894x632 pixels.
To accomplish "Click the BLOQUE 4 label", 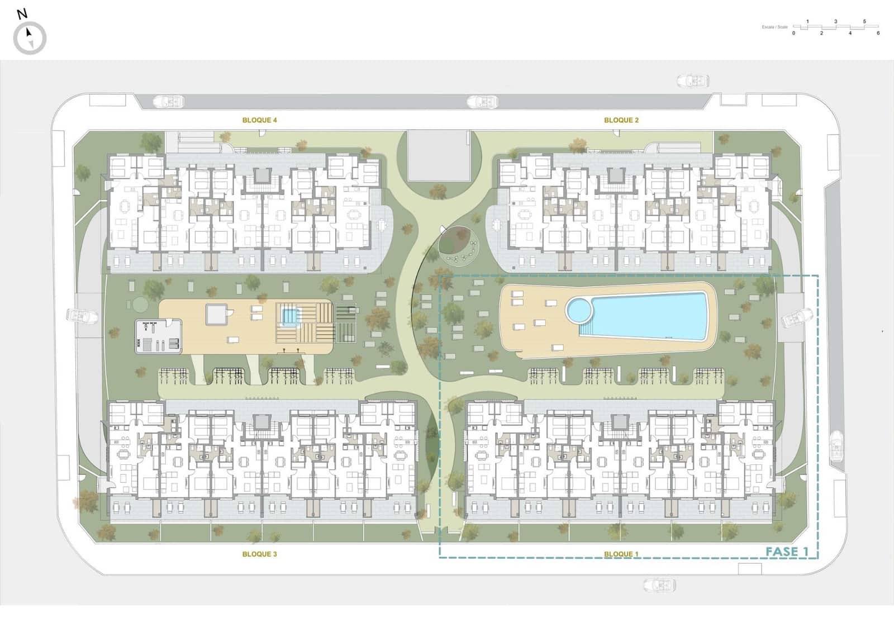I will click(259, 120).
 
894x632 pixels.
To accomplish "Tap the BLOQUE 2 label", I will click(621, 120).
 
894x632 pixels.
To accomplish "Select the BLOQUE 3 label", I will click(259, 554).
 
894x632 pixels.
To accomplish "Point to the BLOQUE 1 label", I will click(621, 554).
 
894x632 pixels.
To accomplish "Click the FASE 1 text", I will click(787, 552).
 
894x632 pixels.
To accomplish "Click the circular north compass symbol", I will click(30, 38).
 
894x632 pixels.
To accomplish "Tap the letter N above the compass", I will click(22, 15).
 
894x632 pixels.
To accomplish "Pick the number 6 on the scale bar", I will click(878, 34).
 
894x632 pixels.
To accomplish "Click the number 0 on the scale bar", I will click(793, 34).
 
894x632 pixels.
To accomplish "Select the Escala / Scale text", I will click(774, 27).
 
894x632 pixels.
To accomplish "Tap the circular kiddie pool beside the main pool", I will click(579, 310).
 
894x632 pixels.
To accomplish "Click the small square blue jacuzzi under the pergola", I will click(289, 317).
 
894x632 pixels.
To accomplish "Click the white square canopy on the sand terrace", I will click(216, 314).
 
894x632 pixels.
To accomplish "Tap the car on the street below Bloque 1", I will click(659, 585).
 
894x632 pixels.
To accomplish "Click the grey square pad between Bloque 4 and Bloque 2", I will click(438, 155).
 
